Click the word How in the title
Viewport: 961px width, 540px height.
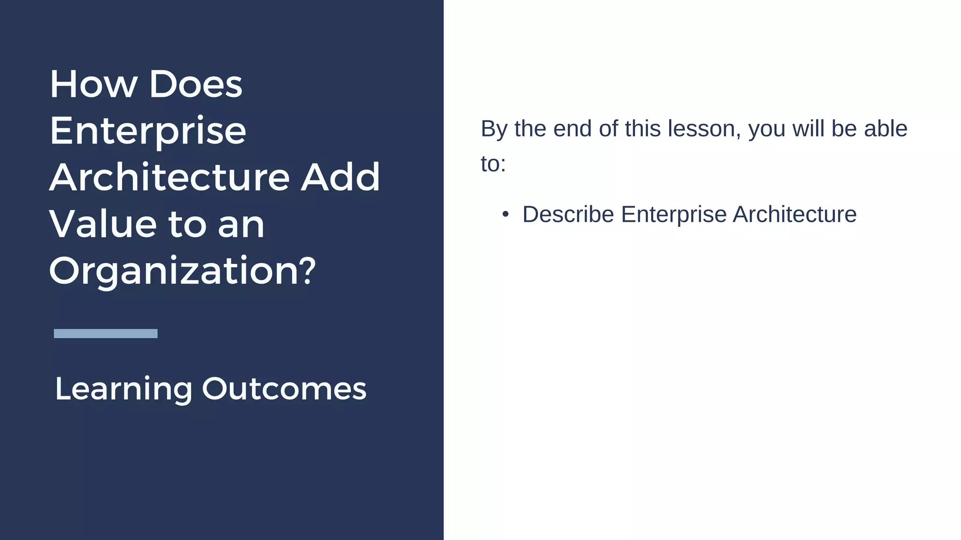93,85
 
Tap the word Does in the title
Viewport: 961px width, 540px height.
195,85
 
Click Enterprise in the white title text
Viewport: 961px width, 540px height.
147,131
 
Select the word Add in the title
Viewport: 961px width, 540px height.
340,178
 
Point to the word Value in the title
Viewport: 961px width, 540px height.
102,225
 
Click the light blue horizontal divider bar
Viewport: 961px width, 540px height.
106,333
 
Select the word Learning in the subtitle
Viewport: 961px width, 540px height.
123,389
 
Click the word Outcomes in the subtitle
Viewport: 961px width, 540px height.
284,389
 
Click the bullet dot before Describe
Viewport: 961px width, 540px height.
505,215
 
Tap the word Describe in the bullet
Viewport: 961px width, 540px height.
568,215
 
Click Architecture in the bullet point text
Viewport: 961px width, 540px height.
794,215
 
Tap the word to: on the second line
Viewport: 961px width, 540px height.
493,165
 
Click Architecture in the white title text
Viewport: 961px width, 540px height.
169,178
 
